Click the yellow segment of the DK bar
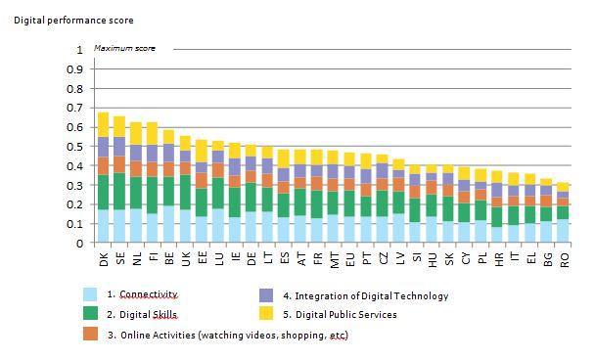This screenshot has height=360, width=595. (x=103, y=124)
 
